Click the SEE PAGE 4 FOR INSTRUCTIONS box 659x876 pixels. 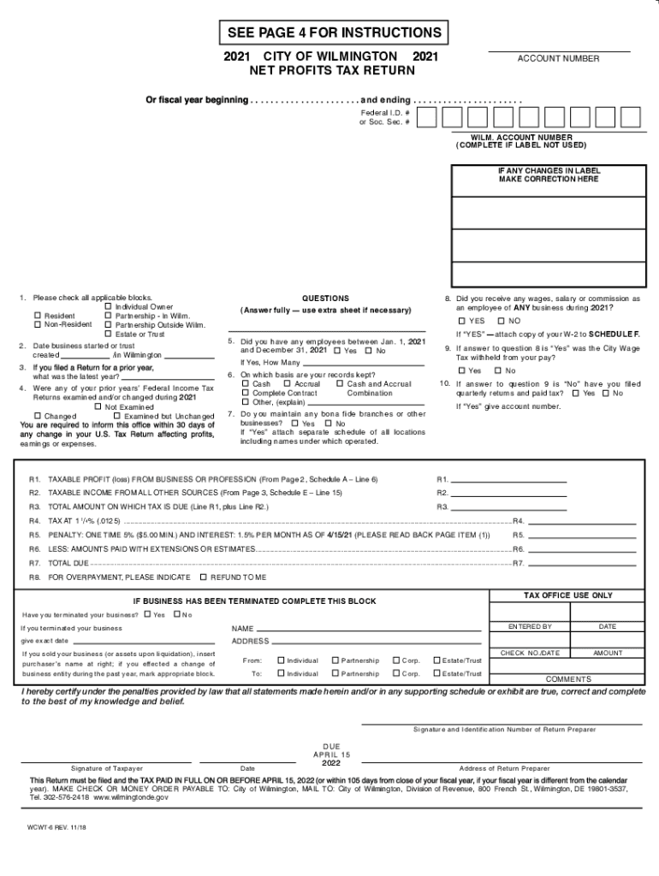pos(334,33)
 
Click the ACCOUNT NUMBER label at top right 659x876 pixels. pos(558,59)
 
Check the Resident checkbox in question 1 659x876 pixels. pos(38,316)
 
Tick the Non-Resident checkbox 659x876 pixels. pos(38,325)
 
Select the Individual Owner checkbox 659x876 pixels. pos(108,306)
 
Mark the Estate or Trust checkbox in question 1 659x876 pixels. pos(108,334)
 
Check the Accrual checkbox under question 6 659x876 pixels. pos(288,384)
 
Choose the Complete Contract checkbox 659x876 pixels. pos(245,394)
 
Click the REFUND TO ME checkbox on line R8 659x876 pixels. pos(203,577)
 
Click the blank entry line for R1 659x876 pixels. pos(508,478)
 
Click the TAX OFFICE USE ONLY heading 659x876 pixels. pos(567,595)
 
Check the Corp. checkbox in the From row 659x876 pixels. pos(395,660)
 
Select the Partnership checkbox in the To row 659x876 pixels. pos(335,673)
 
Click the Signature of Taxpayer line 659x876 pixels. pos(107,761)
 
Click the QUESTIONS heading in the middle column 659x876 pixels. pos(325,299)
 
